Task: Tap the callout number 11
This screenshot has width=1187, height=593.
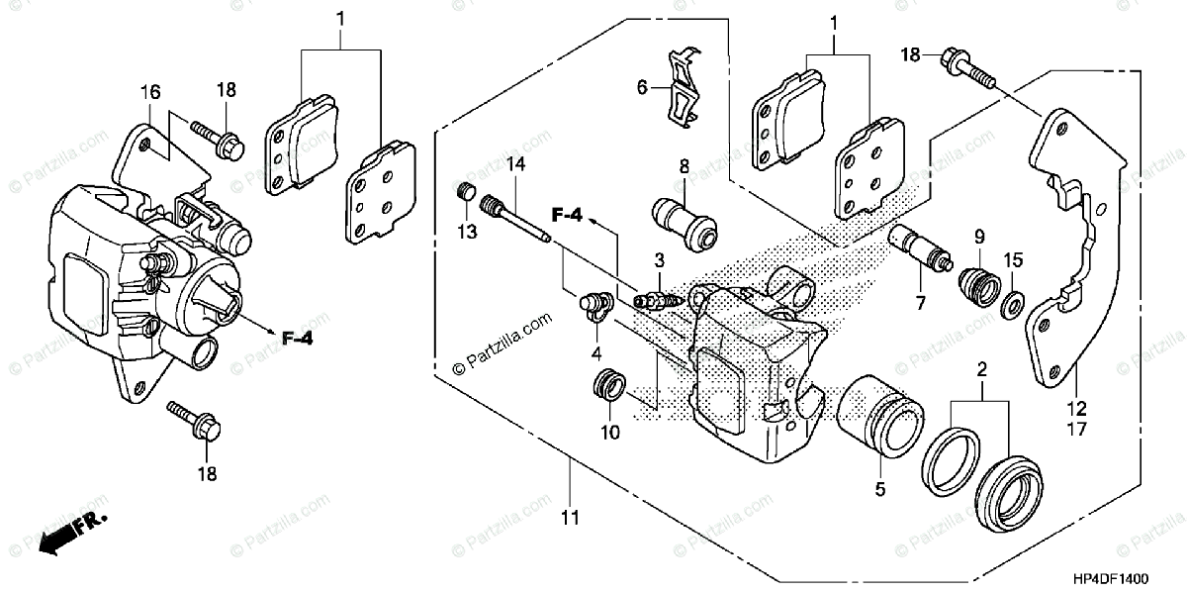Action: click(x=571, y=517)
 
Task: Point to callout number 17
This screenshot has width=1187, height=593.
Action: click(x=1075, y=430)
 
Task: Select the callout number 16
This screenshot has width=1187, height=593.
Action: click(x=150, y=93)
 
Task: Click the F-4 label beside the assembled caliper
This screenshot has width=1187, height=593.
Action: click(x=295, y=339)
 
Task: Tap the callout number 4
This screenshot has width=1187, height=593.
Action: click(x=595, y=352)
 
